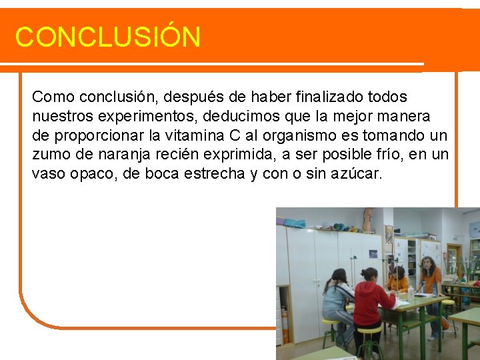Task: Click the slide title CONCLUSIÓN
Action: pos(107,37)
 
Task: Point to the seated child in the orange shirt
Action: pos(398,280)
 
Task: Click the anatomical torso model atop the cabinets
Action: pos(367,219)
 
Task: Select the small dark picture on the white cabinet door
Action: pos(373,253)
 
